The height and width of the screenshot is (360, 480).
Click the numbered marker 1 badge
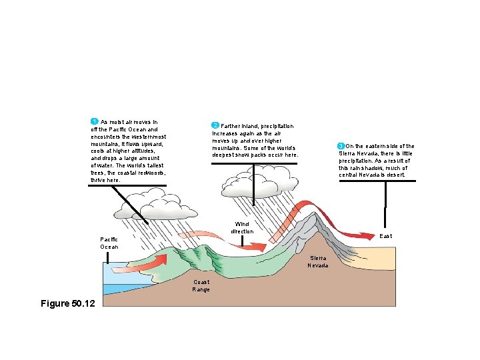coord(95,121)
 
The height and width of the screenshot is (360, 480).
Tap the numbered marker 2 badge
coord(215,125)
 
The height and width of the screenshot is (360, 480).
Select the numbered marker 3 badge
coord(341,146)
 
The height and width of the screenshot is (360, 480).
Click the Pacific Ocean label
coord(109,243)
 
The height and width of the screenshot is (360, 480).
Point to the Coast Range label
coord(201,285)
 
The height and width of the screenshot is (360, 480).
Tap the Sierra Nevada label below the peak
coord(317,261)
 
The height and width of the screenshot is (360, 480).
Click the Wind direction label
coord(242,227)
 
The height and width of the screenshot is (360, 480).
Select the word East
coord(385,236)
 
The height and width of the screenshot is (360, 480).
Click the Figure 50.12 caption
coord(68,303)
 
